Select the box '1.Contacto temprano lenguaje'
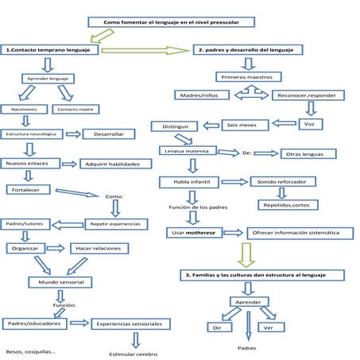pyautogui.click(x=49, y=49)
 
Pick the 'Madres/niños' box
pyautogui.click(x=202, y=95)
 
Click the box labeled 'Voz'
pyautogui.click(x=309, y=125)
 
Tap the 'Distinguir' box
pyautogui.click(x=174, y=126)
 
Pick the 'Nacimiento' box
pyautogui.click(x=18, y=108)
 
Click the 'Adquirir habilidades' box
pyautogui.click(x=115, y=164)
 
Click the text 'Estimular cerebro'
pyautogui.click(x=134, y=354)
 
